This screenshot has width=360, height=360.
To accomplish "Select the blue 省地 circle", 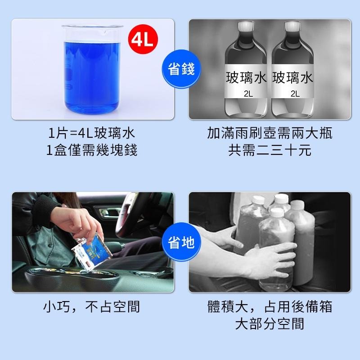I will [180, 243].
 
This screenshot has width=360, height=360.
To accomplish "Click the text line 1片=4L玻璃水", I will [92, 134].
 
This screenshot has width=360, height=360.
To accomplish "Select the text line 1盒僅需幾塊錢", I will [92, 150].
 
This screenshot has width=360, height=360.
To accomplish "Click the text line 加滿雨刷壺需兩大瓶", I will [270, 134].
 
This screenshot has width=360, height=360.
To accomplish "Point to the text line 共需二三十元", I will [270, 150].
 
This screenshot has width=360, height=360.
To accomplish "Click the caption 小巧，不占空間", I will [92, 307].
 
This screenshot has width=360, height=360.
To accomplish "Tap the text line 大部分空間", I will [270, 324].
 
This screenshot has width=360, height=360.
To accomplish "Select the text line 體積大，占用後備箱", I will [270, 307].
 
